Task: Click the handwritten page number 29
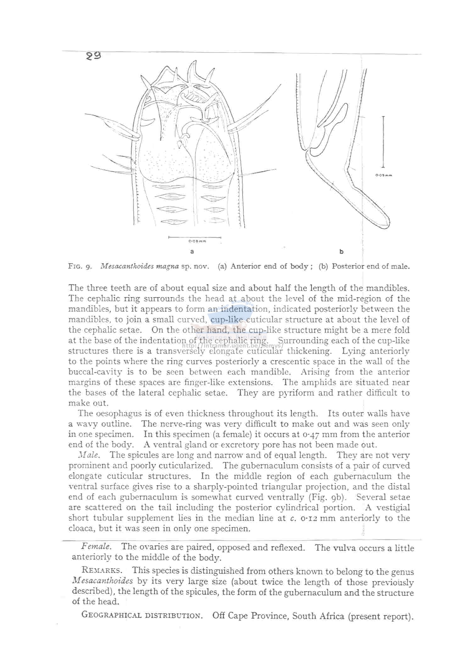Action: pyautogui.click(x=94, y=56)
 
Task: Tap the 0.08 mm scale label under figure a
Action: pyautogui.click(x=197, y=241)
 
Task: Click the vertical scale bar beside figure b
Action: pyautogui.click(x=383, y=142)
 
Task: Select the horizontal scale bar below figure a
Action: pyautogui.click(x=195, y=237)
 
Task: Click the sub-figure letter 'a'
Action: pyautogui.click(x=192, y=251)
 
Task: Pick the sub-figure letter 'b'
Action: pyautogui.click(x=342, y=251)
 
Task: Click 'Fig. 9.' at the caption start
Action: pyautogui.click(x=80, y=267)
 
